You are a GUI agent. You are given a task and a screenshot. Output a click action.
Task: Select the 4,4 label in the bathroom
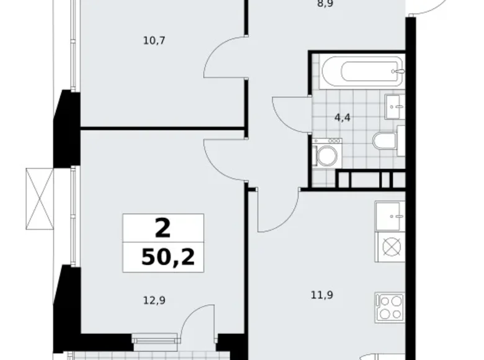(x=343, y=117)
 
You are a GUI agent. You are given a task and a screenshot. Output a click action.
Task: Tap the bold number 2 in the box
(x=163, y=228)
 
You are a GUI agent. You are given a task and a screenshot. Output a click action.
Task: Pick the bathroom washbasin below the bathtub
(x=395, y=106)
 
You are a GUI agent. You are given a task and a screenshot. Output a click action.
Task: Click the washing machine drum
(x=326, y=156)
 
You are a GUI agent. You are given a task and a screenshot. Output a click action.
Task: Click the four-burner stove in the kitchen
(x=390, y=307)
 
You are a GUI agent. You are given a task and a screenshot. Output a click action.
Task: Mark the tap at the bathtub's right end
(x=399, y=72)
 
